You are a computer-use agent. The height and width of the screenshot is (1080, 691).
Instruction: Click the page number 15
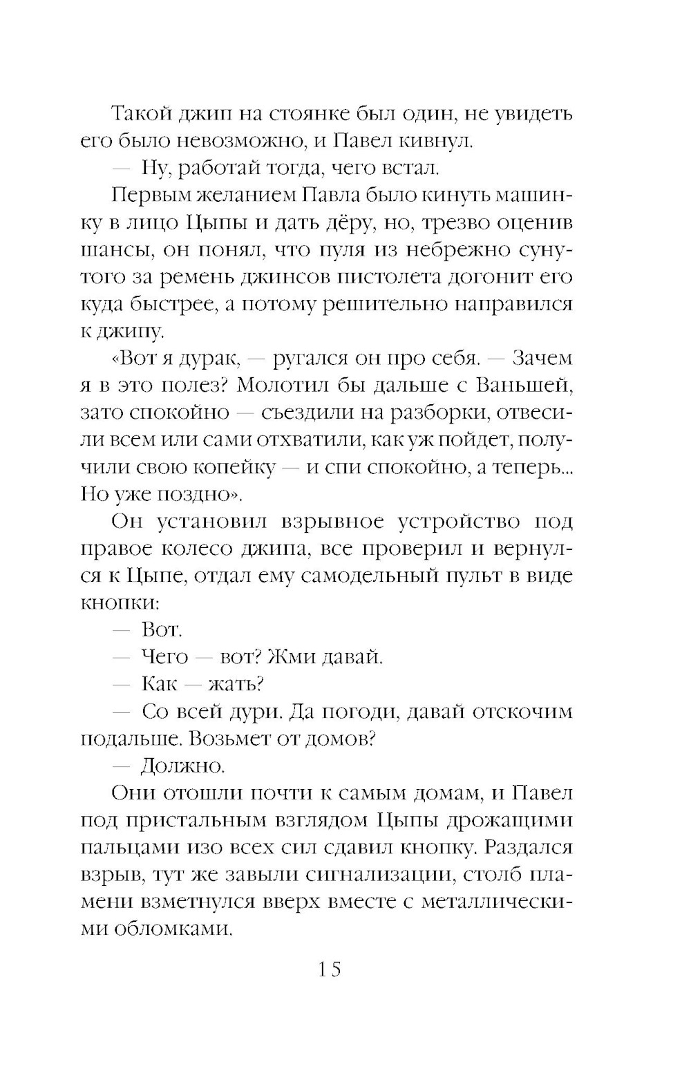[x=330, y=969]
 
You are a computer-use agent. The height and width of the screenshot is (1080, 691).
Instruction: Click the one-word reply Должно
[x=183, y=766]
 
